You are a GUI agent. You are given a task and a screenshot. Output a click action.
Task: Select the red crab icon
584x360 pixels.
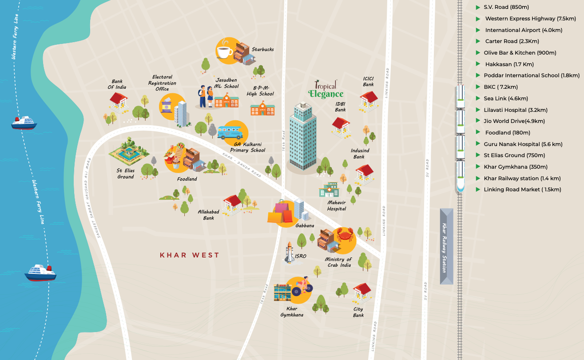pos(345,236)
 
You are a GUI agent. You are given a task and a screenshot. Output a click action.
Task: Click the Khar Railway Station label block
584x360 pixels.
pos(446,246)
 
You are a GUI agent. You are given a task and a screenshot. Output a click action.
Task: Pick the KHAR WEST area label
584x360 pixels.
pos(190,255)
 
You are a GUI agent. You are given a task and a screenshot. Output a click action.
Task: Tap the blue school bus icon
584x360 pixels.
pos(230,132)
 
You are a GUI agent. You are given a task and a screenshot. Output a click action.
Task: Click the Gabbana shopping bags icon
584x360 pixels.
pos(280,213)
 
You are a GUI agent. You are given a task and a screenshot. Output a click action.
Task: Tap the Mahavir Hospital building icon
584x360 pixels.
pos(329,190)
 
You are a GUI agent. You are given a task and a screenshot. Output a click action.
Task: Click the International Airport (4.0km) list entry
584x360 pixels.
pos(524,30)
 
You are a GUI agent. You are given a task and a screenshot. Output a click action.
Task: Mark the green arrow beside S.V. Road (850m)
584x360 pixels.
pos(478,8)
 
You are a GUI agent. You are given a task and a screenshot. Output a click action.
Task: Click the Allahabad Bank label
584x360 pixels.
pos(209,215)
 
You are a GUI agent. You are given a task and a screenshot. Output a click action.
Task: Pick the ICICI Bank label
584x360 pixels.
pos(368,81)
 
